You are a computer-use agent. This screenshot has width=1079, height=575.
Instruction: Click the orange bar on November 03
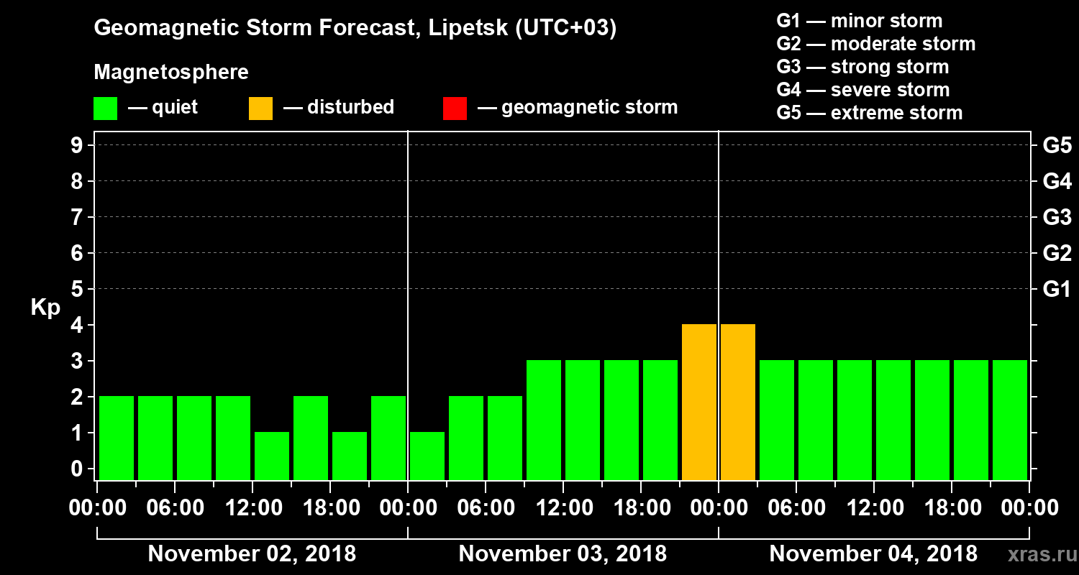tap(699, 402)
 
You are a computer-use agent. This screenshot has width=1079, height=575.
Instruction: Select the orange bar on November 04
tap(738, 402)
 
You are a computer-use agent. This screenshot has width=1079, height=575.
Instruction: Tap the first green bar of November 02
tap(117, 438)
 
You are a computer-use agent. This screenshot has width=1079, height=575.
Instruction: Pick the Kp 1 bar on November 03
tap(427, 456)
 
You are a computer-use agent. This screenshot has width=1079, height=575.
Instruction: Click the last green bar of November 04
tap(1010, 420)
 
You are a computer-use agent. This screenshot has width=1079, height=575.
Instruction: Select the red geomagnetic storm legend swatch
tap(455, 109)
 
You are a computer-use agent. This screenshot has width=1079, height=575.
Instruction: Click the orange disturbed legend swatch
tap(260, 109)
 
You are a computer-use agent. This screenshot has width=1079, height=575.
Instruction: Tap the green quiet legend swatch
tap(105, 109)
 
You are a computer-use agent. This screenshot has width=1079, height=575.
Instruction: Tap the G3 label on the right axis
tap(1057, 217)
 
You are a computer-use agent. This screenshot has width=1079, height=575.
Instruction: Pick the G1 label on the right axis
tap(1057, 289)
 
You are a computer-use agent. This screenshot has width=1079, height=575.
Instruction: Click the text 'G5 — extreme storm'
tap(869, 113)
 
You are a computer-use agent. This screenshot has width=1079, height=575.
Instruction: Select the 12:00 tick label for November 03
tap(563, 508)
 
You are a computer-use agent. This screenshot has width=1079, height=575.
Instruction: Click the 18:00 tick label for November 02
tap(330, 508)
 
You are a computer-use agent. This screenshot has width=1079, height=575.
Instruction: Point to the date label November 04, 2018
tap(873, 553)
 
